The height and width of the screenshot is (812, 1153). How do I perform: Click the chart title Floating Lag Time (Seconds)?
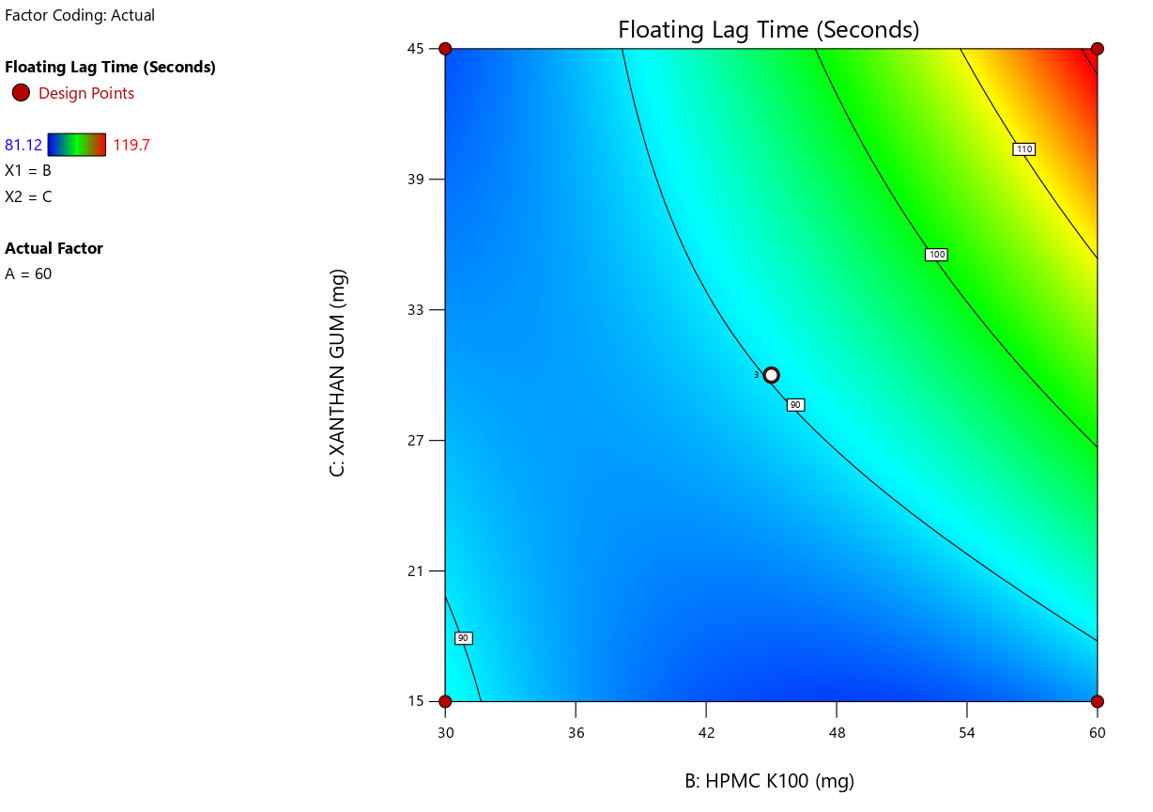point(768,30)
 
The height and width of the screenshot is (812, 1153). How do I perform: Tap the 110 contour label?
point(1023,149)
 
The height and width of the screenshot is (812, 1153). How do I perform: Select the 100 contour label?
point(936,255)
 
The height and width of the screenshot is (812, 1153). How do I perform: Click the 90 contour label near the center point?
point(795,405)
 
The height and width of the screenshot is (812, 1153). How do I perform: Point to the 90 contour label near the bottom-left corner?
point(463,638)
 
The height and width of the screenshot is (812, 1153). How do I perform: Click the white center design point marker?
point(771,375)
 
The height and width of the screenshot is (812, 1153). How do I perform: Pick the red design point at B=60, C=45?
point(1097,49)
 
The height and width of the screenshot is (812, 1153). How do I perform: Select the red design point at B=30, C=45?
point(445,49)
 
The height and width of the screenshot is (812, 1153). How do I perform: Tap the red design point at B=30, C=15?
point(445,701)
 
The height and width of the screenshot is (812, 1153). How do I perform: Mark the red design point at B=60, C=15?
point(1097,701)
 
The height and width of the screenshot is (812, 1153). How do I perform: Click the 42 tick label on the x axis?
point(706,733)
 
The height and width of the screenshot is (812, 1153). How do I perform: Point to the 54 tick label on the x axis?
point(967,733)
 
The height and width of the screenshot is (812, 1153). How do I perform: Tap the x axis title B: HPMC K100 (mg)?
point(769,781)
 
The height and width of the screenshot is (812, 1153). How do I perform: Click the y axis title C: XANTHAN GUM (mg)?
point(337,372)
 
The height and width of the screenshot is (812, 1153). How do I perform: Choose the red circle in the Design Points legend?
point(21,93)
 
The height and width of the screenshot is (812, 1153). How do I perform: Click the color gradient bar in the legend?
point(76,145)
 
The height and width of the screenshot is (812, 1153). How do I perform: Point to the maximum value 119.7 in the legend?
point(131,145)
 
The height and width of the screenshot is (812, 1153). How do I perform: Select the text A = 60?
point(28,274)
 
